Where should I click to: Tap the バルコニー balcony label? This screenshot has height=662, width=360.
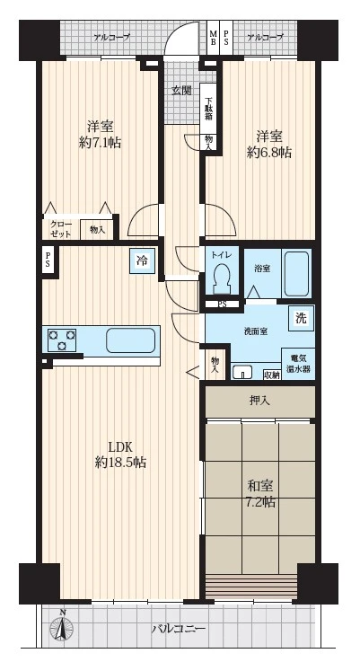coord(179,629)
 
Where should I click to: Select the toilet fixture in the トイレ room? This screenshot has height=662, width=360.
coord(221,278)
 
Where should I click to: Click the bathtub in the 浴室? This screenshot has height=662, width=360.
coord(296,274)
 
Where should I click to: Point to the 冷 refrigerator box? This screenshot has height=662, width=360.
coord(142,261)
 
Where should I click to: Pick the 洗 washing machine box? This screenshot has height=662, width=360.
coord(301,318)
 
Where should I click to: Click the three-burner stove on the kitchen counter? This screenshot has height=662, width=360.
coord(62,340)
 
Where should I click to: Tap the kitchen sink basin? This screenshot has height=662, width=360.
coord(130,340)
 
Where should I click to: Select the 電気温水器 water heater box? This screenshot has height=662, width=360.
coord(299,365)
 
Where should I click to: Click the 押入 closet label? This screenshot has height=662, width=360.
coord(259,401)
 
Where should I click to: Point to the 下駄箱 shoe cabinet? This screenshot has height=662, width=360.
coord(208,109)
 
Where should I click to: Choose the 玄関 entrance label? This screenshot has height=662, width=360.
coord(182,91)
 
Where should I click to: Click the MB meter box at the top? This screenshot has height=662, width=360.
coord(214,38)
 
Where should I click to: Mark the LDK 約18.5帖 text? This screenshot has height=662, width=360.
coord(120,455)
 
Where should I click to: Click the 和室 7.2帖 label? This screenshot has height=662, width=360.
coord(261,493)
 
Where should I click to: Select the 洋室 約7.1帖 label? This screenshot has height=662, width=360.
coord(100,134)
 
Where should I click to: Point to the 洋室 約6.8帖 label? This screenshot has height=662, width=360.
coord(268,145)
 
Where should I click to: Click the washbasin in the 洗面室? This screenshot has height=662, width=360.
coord(242,372)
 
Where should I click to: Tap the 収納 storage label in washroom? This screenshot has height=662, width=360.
coord(271,375)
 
